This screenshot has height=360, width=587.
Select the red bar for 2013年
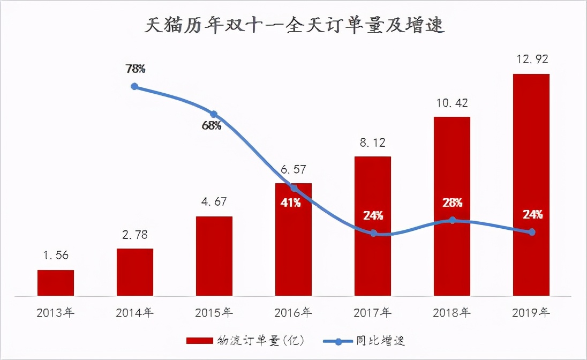[x=56, y=282]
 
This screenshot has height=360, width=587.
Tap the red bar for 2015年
[x=214, y=256]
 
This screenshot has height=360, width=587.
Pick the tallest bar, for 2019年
[x=531, y=184]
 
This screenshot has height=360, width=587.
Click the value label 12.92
[x=531, y=58]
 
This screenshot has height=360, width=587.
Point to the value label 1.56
[x=56, y=256]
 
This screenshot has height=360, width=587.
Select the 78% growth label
[x=136, y=69]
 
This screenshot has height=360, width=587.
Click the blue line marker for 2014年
[x=134, y=86]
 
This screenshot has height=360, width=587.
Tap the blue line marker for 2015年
[x=214, y=114]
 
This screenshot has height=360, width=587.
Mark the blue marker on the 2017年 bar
[x=373, y=233]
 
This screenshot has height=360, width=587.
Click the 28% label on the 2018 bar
[x=452, y=203]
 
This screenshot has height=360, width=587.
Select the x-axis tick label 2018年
[x=452, y=312]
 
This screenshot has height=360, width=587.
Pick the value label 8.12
[x=373, y=143]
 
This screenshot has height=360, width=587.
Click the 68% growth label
[x=212, y=126]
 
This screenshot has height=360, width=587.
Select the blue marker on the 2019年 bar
[x=532, y=232]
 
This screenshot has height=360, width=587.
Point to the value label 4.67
[x=214, y=202]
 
